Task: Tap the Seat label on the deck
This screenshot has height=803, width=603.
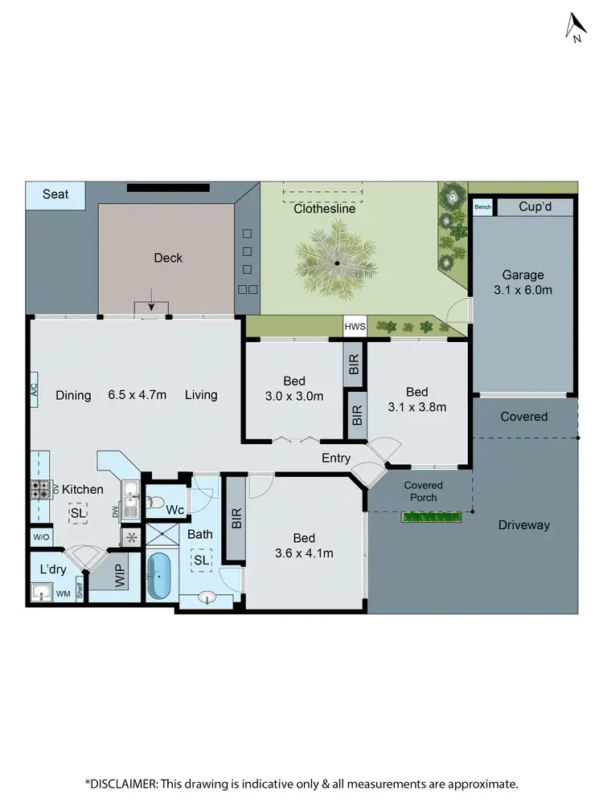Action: tap(55, 194)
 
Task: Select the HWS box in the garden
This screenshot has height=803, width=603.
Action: tap(355, 327)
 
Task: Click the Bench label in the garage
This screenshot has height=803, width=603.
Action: tap(482, 207)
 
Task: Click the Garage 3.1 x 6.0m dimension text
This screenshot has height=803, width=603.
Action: tap(524, 282)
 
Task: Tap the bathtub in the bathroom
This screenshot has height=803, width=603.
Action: tap(159, 575)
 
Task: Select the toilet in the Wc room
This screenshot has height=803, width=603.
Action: tap(162, 505)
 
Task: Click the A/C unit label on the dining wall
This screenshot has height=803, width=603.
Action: tap(35, 392)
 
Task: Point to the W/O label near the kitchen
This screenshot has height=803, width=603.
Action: tap(41, 537)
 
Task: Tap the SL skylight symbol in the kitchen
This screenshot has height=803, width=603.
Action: tap(78, 513)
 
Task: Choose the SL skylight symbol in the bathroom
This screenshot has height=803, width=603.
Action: tap(201, 560)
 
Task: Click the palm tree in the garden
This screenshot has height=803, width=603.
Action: tap(338, 263)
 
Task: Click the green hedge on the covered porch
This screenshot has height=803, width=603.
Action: tap(431, 518)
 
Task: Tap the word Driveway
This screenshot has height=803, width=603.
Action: tap(523, 525)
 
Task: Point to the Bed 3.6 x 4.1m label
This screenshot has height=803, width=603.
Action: tap(304, 545)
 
